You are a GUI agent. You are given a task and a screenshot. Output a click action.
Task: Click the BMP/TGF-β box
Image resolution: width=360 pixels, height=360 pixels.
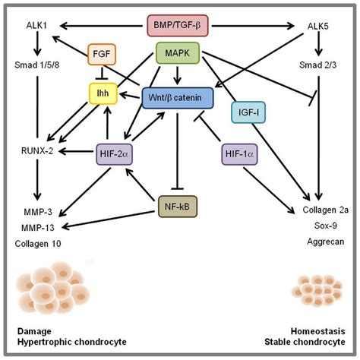coord(180,26)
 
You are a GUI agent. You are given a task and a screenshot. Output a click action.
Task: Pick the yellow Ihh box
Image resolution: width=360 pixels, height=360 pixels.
coord(102,93)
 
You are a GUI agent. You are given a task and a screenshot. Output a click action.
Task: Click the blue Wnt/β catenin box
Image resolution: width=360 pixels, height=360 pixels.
coord(178,97)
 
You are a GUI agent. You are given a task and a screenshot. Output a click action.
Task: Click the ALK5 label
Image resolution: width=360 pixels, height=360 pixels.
coord(318,27)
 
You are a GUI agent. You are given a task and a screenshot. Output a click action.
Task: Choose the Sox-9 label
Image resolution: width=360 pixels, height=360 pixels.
coord(318,228)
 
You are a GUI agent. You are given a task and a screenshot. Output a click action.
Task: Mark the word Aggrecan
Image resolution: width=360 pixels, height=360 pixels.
coord(318,243)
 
